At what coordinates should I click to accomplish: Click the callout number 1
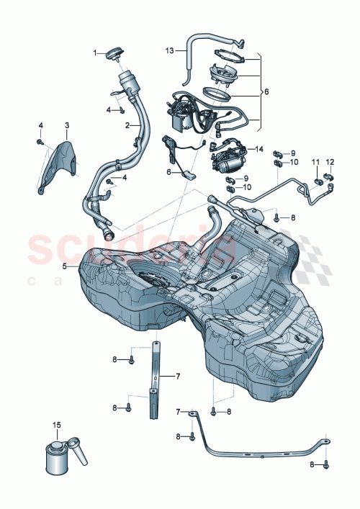coord(94,52)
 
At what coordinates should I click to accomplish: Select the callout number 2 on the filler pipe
coord(127,125)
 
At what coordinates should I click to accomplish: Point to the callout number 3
coord(66,126)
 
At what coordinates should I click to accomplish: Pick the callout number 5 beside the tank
coord(64,266)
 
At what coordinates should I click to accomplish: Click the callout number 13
coord(171,51)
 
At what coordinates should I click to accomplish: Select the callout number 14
coord(259,149)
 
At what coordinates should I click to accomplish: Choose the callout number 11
coord(315,162)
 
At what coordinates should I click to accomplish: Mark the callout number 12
coord(330,162)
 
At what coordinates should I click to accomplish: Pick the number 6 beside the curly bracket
coord(266,92)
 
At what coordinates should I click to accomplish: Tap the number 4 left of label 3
coord(41,126)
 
